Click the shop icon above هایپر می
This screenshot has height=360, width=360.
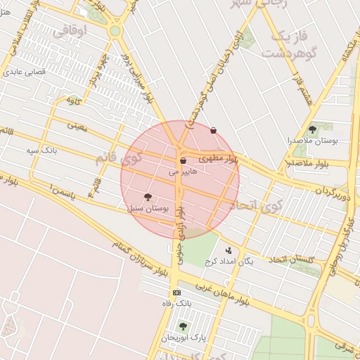[x=184, y=161]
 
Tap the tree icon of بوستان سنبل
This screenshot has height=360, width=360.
[x=147, y=198]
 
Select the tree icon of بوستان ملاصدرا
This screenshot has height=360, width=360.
[x=312, y=129]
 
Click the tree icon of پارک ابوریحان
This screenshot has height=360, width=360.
[x=183, y=326]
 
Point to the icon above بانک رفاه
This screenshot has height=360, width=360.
[x=176, y=292]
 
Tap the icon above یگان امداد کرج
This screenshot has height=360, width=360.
[x=229, y=250]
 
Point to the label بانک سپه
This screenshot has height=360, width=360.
[x=41, y=150]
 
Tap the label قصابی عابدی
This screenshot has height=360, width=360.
[x=25, y=72]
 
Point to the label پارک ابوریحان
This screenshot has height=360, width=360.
[x=184, y=337]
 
